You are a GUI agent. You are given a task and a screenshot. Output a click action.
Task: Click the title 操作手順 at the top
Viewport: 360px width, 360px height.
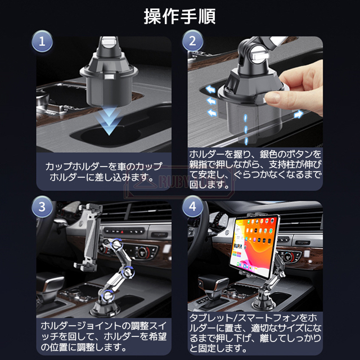(x=179, y=16)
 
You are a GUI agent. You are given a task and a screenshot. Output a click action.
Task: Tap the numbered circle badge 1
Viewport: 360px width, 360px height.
(x=42, y=41)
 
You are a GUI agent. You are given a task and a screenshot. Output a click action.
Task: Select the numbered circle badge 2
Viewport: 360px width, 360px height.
(x=192, y=41)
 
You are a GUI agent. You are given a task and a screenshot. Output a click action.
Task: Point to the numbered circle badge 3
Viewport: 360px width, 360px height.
(x=42, y=206)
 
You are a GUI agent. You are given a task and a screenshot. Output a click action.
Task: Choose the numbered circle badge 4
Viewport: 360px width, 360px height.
(x=192, y=206)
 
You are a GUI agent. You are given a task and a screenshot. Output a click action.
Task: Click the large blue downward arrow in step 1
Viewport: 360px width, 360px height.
(x=109, y=121)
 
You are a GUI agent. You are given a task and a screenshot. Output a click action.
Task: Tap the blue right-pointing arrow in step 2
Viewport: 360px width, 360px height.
(x=298, y=114)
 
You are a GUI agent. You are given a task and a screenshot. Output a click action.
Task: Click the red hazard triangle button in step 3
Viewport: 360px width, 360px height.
(x=121, y=232)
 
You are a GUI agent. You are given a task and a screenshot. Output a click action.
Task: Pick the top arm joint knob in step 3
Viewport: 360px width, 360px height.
(x=116, y=244)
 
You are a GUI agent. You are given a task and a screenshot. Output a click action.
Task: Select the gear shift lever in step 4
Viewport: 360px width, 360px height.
(x=214, y=290)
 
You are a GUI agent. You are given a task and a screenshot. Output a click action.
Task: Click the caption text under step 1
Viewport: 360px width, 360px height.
(x=103, y=172)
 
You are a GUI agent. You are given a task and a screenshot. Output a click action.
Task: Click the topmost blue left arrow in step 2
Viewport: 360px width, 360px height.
(x=210, y=89)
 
